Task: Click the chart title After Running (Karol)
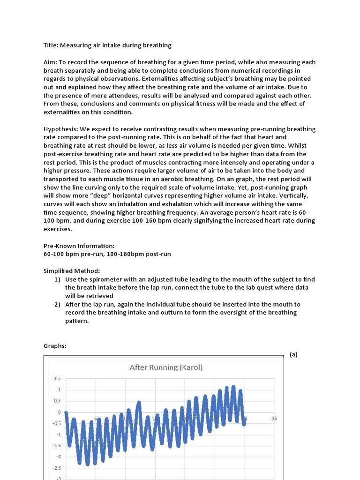(x=166, y=367)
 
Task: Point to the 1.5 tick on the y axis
(x=58, y=378)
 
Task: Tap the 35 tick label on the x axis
(x=274, y=419)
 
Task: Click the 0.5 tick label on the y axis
(x=58, y=401)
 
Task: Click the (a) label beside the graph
(x=293, y=354)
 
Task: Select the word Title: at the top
(x=51, y=45)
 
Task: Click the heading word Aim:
(x=51, y=62)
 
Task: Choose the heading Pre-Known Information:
(x=79, y=246)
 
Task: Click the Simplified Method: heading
(x=72, y=271)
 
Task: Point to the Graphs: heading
(x=55, y=346)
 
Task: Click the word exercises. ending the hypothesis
(x=58, y=229)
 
